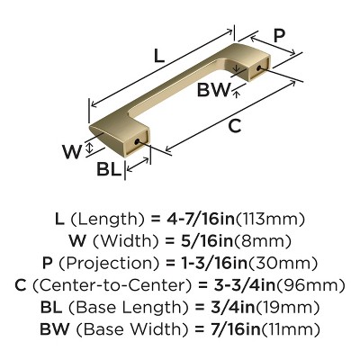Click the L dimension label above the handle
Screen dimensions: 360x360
pos(159,56)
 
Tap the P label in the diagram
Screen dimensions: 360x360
pos(279,37)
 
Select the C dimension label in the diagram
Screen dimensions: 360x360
pos(234,126)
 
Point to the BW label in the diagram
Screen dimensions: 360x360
pos(213,89)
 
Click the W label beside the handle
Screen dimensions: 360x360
pos(72,151)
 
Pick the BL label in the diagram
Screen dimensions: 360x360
pos(109,169)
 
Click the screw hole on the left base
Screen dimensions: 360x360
pos(137,141)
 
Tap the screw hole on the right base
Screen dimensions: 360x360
pos(258,67)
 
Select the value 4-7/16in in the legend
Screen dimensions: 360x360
pos(200,220)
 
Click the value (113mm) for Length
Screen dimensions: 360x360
pos(271,220)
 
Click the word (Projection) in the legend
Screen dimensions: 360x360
pos(108,263)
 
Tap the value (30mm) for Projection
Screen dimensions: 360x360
pos(283,263)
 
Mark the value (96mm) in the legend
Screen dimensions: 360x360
pos(310,285)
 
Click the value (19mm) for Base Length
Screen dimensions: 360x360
pos(287,307)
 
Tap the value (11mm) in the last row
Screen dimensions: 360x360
pos(291,329)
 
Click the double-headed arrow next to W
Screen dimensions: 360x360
pos(89,148)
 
